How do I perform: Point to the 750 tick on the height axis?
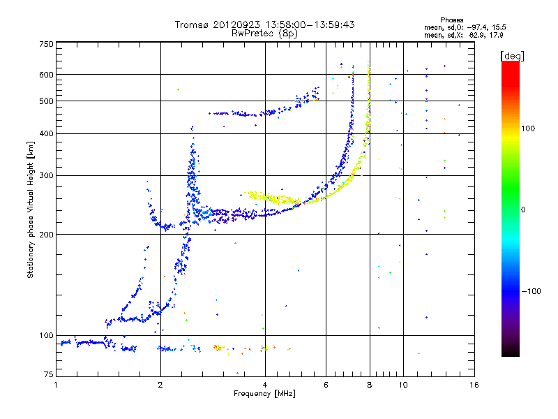coord(46,44)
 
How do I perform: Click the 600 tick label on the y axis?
coord(46,75)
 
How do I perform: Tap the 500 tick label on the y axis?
coord(46,101)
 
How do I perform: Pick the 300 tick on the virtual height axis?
coord(46,176)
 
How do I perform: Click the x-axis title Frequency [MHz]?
coord(264,395)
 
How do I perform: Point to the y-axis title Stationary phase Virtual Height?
coord(31,209)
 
